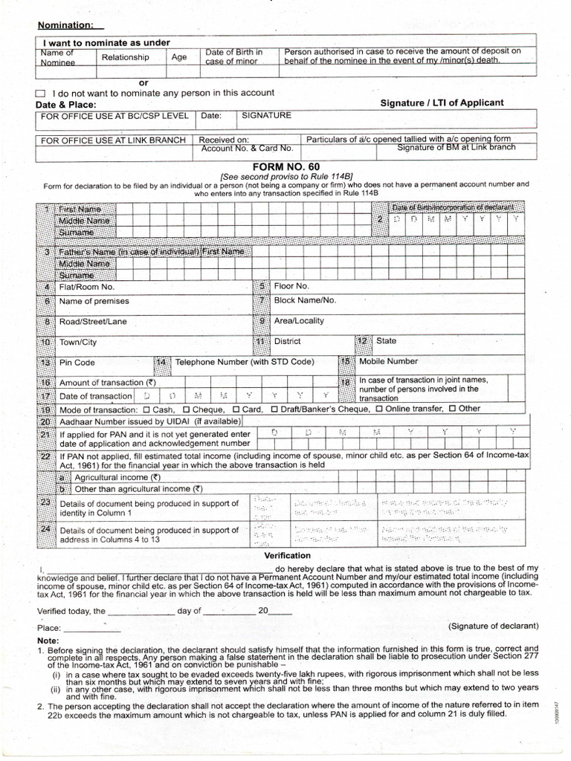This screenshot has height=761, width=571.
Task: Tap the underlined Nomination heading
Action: [65, 25]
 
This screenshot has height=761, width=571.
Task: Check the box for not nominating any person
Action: [41, 93]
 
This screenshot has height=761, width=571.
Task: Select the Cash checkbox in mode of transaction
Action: [146, 409]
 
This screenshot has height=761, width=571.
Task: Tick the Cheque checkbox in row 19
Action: [186, 409]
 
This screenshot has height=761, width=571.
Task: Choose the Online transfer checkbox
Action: [380, 409]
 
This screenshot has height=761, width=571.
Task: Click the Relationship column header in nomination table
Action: [125, 57]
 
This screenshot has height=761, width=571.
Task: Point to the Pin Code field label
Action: [77, 363]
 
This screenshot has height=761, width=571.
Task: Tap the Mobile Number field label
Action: [388, 361]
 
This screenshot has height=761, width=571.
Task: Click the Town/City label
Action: [78, 343]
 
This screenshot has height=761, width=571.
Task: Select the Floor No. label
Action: [291, 286]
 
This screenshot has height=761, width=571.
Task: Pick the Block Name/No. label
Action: [305, 301]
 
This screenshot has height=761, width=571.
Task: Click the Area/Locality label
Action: [299, 321]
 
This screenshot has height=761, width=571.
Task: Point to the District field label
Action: [287, 342]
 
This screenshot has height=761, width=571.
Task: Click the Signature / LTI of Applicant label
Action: [442, 103]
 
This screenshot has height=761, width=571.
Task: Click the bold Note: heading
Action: [48, 641]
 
